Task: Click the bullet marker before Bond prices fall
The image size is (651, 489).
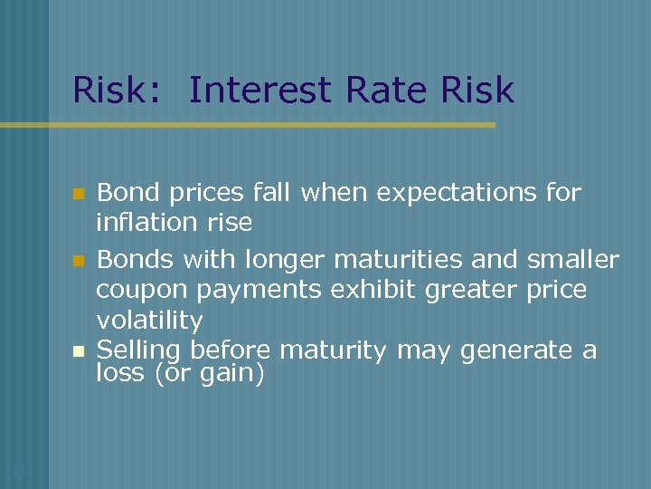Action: tap(79, 194)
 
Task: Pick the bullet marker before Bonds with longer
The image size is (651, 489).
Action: tap(79, 262)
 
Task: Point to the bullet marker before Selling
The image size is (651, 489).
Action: tap(79, 350)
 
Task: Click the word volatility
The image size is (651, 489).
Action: tap(149, 320)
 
